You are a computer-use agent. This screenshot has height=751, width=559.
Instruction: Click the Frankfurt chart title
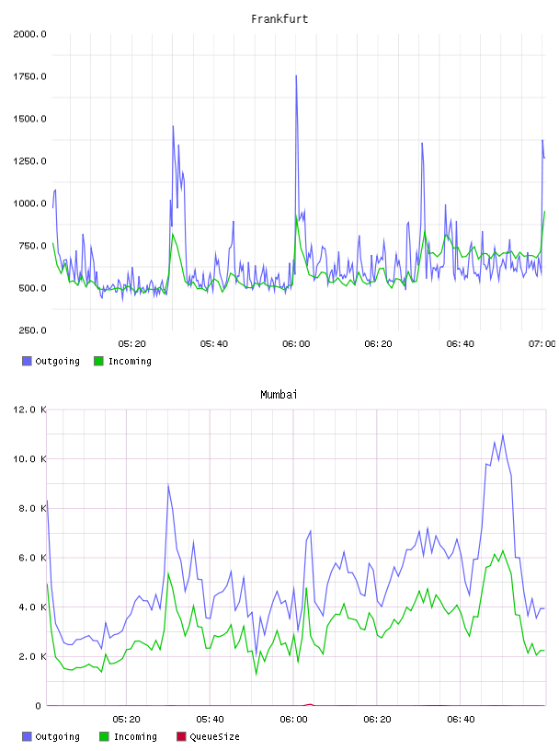279,19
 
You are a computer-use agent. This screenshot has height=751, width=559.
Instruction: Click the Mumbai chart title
279,395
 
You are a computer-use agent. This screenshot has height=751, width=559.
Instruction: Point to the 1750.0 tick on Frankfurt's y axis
29,76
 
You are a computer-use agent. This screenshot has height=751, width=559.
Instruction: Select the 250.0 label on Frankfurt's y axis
32,330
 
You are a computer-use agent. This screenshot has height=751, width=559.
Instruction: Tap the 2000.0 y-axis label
29,34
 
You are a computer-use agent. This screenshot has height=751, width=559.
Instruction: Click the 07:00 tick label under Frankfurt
542,344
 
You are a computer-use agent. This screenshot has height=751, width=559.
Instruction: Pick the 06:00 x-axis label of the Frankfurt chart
296,344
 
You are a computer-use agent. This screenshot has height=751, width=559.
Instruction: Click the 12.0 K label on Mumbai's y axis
29,410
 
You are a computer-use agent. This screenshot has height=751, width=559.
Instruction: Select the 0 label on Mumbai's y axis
38,706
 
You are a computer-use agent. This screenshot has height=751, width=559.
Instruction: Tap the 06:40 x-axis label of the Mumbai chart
461,720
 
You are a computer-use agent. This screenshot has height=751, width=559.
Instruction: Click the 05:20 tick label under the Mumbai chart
126,720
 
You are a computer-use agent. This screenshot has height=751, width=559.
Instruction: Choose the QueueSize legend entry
214,736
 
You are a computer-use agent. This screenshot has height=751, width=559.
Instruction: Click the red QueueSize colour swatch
181,736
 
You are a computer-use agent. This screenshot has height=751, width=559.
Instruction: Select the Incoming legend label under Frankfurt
130,361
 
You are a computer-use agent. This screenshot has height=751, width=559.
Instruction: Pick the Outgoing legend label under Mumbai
57,736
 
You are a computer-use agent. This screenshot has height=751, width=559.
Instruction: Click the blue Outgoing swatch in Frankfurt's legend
27,361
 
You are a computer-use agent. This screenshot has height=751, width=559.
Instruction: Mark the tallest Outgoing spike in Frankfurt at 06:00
296,75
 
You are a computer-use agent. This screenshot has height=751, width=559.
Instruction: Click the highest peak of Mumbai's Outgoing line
503,435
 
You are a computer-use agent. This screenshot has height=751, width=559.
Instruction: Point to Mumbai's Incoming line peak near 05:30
168,572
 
